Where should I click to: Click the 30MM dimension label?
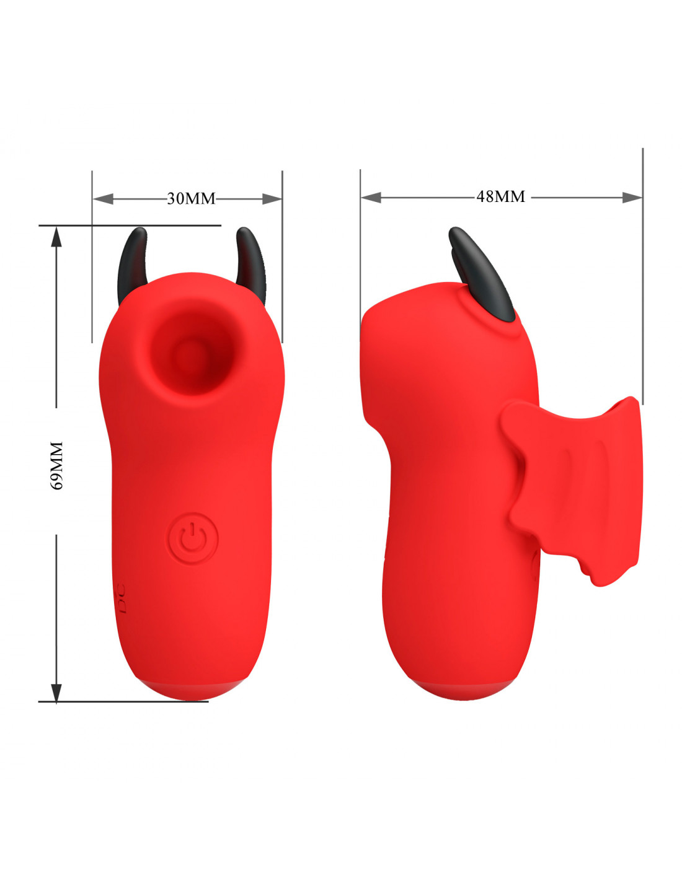pyautogui.click(x=191, y=199)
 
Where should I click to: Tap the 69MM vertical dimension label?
pyautogui.click(x=57, y=466)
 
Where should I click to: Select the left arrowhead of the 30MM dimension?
pyautogui.click(x=103, y=199)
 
